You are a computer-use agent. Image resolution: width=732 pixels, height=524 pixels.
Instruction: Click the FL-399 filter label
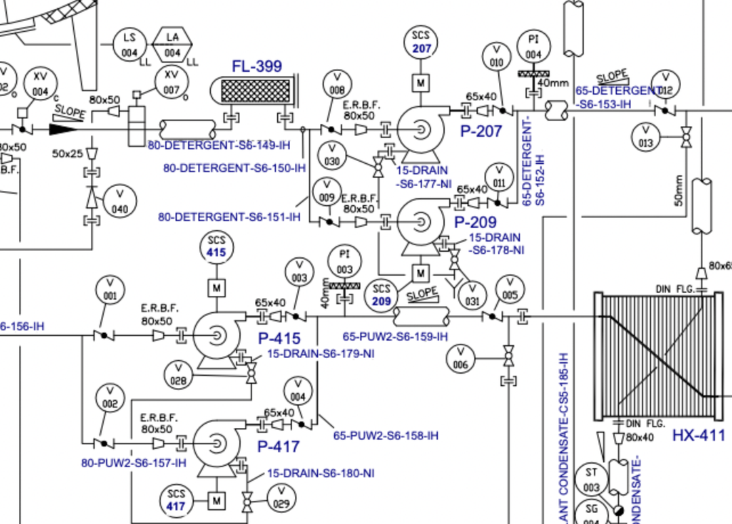coord(257,66)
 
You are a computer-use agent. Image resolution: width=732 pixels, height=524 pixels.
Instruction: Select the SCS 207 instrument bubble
coord(421,42)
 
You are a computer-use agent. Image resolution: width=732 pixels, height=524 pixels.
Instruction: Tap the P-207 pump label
coord(481,131)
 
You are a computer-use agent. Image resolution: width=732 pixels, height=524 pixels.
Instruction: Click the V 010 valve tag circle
coord(497,56)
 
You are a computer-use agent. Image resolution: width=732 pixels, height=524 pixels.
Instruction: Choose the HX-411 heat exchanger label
coord(698,436)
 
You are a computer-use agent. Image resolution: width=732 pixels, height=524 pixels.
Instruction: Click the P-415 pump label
coord(279,339)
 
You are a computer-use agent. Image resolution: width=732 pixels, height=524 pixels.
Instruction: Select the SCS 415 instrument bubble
coord(217,246)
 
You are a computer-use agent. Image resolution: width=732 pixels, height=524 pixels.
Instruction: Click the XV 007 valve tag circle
coord(171,82)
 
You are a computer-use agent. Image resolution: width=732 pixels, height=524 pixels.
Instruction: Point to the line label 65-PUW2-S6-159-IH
coord(395,336)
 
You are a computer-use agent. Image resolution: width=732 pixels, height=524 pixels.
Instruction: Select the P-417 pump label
coord(278,447)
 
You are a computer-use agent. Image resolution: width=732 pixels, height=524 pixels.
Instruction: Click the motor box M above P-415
coord(217,288)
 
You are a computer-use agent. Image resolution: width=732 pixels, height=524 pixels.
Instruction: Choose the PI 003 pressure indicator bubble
coord(344,262)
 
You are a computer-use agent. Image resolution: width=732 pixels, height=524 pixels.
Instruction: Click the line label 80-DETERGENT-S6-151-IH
coord(229,217)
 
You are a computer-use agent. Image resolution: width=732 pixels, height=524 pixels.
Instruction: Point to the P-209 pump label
coord(475,222)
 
